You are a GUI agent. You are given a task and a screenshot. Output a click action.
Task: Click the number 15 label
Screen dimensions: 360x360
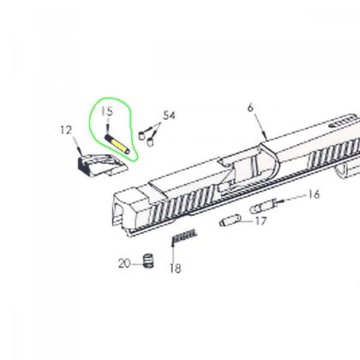[x=106, y=111]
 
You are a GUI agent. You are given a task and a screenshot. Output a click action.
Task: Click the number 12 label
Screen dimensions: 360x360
[x=64, y=130]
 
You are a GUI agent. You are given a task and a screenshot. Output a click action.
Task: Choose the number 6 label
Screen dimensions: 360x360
[x=250, y=108]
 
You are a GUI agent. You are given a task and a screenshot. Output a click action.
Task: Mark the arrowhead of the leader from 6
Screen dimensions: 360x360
[x=268, y=138]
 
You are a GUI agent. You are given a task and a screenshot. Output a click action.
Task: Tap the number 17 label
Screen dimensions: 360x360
[x=261, y=221]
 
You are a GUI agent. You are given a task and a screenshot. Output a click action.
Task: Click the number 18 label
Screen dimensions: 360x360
[x=175, y=269]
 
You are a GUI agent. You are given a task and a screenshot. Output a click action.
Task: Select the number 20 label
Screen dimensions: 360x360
[x=124, y=261]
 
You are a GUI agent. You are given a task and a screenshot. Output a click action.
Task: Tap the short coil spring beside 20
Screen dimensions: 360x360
[x=147, y=260]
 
